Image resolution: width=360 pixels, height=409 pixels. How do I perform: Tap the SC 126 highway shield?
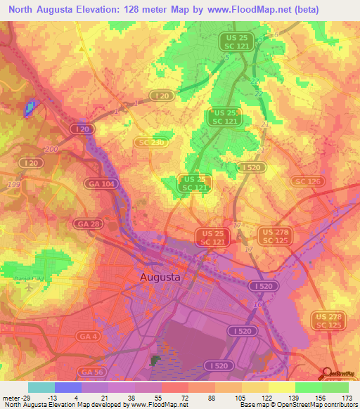[308, 182]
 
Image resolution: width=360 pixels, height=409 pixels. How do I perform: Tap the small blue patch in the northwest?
[30, 107]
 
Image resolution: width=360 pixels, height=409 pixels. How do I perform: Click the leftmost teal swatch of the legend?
[41, 387]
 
